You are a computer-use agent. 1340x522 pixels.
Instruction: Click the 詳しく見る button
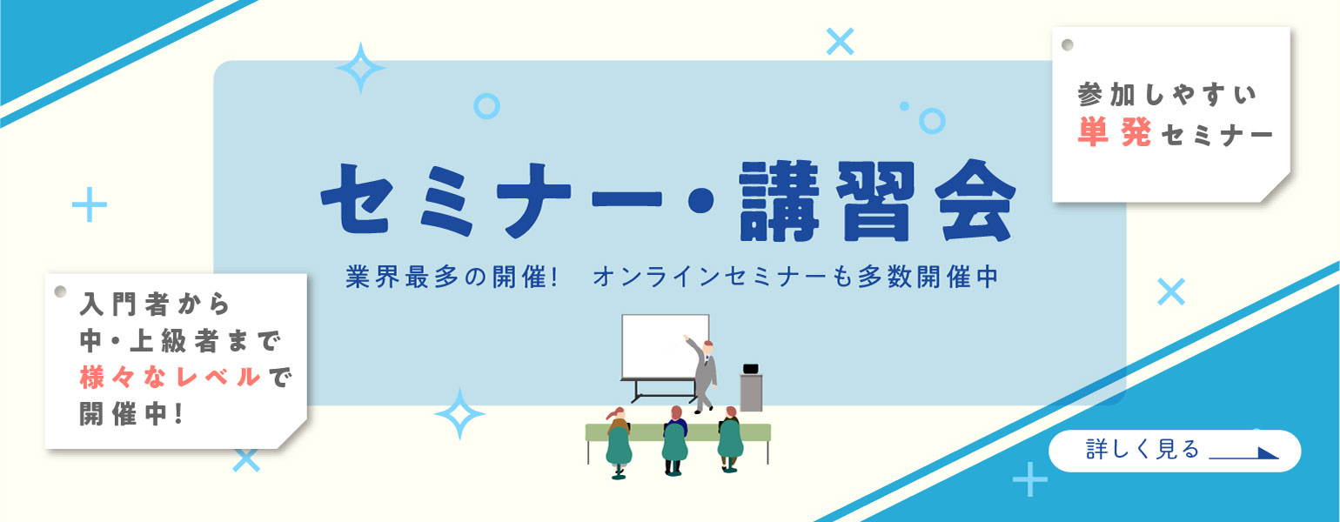point(1174,451)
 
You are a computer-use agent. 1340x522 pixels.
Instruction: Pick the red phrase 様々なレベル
point(170,378)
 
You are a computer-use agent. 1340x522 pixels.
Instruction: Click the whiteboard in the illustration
point(665,346)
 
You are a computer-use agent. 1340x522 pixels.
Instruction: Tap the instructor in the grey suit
point(704,372)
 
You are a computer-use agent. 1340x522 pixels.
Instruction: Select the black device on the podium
point(750,368)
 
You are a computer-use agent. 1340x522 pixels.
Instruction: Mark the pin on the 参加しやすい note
point(1068,44)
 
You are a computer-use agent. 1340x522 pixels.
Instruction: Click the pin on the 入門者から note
point(61,291)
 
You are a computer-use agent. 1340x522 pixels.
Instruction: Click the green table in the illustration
point(678,432)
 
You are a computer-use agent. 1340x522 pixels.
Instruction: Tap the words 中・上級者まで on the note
point(178,341)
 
